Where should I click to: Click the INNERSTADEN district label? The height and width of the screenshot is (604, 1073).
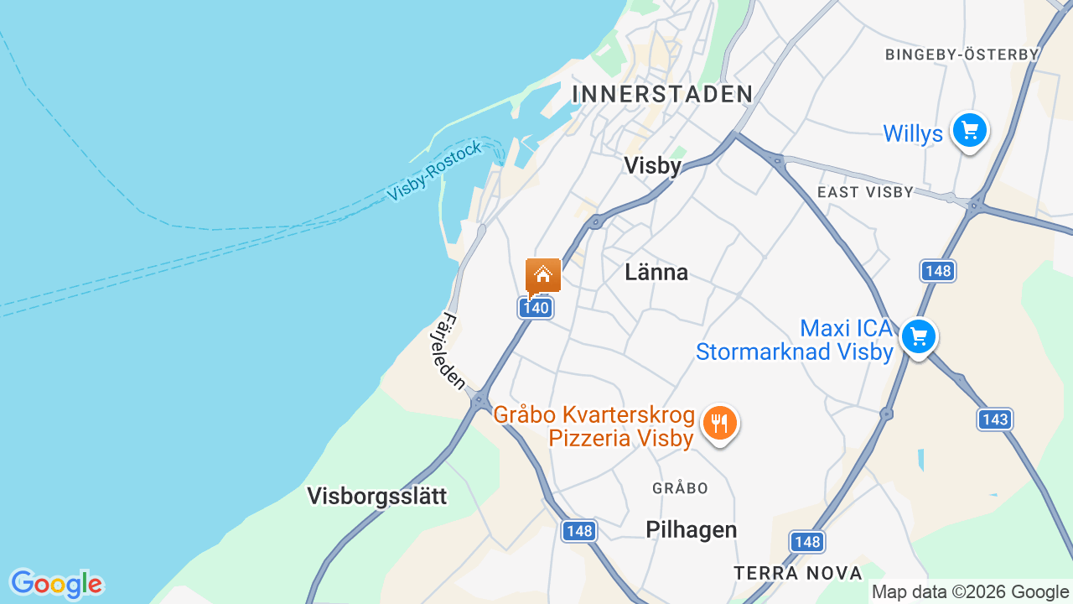pos(662,94)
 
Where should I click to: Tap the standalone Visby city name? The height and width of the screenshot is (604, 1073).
pos(653,165)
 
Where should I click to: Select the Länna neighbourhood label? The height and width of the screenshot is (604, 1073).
pos(656,272)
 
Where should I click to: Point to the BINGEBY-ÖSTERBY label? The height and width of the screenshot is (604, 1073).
pos(962,55)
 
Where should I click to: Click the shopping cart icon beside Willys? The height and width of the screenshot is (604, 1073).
pos(970,131)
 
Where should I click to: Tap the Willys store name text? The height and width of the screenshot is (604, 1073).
pos(913,133)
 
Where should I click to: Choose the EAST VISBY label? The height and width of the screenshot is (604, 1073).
pos(865,192)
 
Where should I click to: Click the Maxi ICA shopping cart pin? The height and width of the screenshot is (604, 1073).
pos(919,337)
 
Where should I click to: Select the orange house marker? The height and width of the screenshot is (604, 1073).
pos(543,275)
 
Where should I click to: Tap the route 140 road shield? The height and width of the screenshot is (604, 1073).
pos(535,308)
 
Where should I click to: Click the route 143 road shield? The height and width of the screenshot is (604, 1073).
pos(995,419)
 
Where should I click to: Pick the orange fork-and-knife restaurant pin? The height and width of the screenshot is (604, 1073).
pos(719,424)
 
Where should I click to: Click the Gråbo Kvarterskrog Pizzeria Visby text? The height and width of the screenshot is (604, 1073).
pos(594,426)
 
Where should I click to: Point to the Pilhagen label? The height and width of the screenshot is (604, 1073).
pos(692,529)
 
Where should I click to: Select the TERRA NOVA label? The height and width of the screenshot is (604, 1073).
pos(798,573)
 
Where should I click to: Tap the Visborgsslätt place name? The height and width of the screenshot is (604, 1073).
pos(377,496)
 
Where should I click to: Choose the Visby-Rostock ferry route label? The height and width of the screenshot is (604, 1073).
pos(435,172)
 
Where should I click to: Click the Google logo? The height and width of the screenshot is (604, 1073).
pos(56,584)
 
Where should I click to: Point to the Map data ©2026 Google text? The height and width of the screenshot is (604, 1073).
pos(970,592)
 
